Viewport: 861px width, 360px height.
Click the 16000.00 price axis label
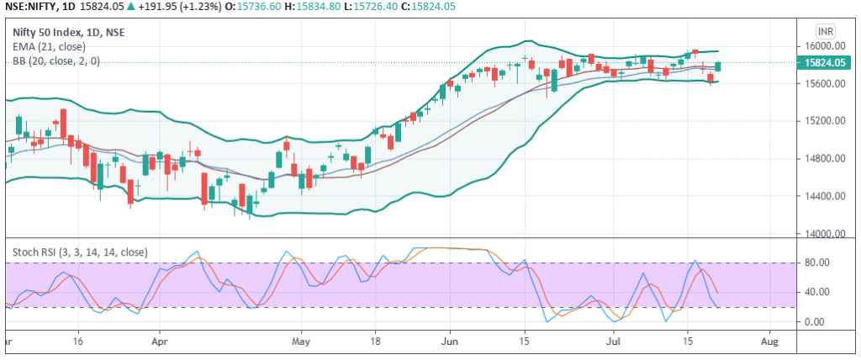(823, 46)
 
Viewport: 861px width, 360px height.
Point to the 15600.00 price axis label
(823, 84)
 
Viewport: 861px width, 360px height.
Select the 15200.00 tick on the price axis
(823, 121)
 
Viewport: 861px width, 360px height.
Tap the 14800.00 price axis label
(823, 159)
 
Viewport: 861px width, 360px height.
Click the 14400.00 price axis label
(823, 197)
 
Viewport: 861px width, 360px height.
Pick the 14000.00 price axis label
(823, 235)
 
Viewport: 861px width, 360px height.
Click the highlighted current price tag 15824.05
(824, 62)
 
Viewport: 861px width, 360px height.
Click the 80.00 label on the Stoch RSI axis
(819, 262)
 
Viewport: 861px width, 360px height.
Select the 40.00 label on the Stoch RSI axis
(819, 292)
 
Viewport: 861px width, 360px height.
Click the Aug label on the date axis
(769, 343)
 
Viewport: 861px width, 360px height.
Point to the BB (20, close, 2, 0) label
(56, 61)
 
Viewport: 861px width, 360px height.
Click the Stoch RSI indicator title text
(80, 251)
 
